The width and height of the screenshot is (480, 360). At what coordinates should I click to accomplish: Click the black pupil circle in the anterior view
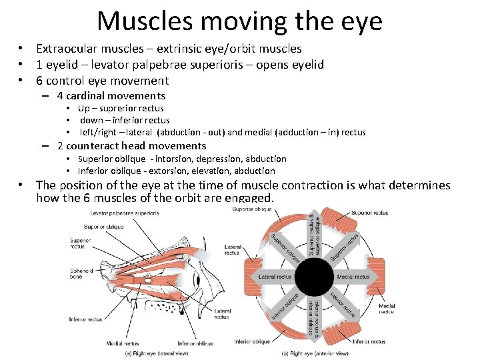coord(313,277)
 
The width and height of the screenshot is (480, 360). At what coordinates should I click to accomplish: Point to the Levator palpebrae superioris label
coord(125,213)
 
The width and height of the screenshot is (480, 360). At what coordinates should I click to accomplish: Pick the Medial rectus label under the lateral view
coord(122,343)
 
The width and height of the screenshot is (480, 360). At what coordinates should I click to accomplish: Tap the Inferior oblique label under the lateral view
coord(195,343)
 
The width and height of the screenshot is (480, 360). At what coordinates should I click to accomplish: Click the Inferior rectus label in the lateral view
coord(85,319)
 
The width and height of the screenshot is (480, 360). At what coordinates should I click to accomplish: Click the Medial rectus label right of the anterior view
coord(387,309)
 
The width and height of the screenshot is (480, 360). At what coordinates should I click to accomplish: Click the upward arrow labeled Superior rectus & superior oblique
coord(313,236)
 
